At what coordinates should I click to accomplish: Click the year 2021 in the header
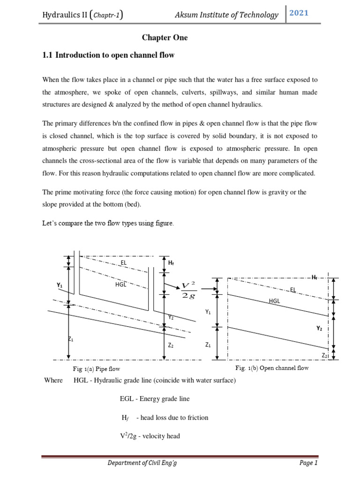(x=299, y=13)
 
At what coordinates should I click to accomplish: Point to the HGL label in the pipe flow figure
(x=120, y=284)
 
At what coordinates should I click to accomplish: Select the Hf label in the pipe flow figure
(x=171, y=263)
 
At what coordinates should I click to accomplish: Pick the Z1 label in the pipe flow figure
(x=71, y=339)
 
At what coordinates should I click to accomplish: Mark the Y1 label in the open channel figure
(x=208, y=311)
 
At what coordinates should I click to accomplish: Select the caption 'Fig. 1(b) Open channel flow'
(x=272, y=368)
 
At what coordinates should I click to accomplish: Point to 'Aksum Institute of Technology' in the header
(x=226, y=15)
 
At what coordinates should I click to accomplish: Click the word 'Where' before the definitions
(x=53, y=380)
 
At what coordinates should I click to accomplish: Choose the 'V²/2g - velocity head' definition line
(x=150, y=436)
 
